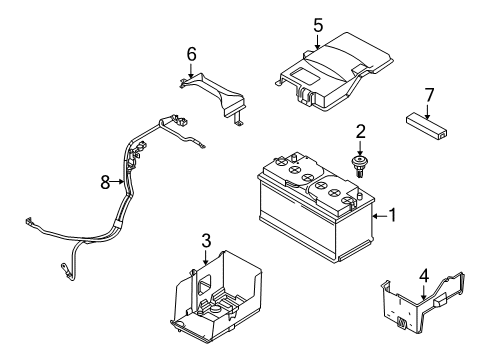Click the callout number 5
point(318,24)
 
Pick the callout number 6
point(191,52)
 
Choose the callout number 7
point(430,95)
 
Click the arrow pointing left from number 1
point(375,213)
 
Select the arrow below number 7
point(430,110)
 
